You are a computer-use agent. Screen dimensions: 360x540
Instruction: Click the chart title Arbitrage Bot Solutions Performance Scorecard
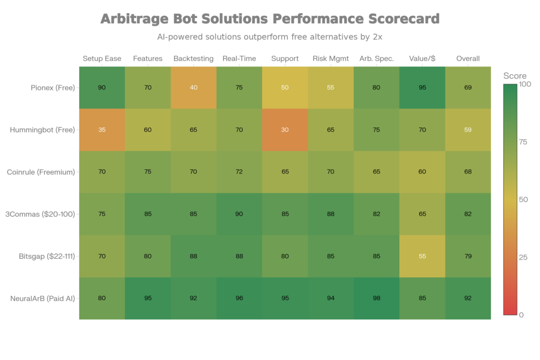269,20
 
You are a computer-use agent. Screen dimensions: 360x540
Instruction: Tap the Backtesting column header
194,59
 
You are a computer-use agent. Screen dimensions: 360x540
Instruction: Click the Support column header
285,59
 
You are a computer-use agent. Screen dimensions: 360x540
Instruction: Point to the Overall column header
468,59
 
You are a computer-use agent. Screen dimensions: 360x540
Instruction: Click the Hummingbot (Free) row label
46,130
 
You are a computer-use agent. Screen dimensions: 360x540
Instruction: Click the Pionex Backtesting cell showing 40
194,87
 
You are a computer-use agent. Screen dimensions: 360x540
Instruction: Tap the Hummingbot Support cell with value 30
285,130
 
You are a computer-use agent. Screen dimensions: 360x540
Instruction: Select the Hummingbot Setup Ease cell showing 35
102,130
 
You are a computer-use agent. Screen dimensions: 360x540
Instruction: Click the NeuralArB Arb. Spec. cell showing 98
377,299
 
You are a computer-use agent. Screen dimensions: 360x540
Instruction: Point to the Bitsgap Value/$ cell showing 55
422,257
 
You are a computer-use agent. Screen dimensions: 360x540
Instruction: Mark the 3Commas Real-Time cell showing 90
239,214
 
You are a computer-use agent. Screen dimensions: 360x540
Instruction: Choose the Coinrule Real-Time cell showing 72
239,172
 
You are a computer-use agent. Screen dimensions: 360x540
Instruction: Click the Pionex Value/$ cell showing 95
422,87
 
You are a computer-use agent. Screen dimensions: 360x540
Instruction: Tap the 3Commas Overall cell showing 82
468,214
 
